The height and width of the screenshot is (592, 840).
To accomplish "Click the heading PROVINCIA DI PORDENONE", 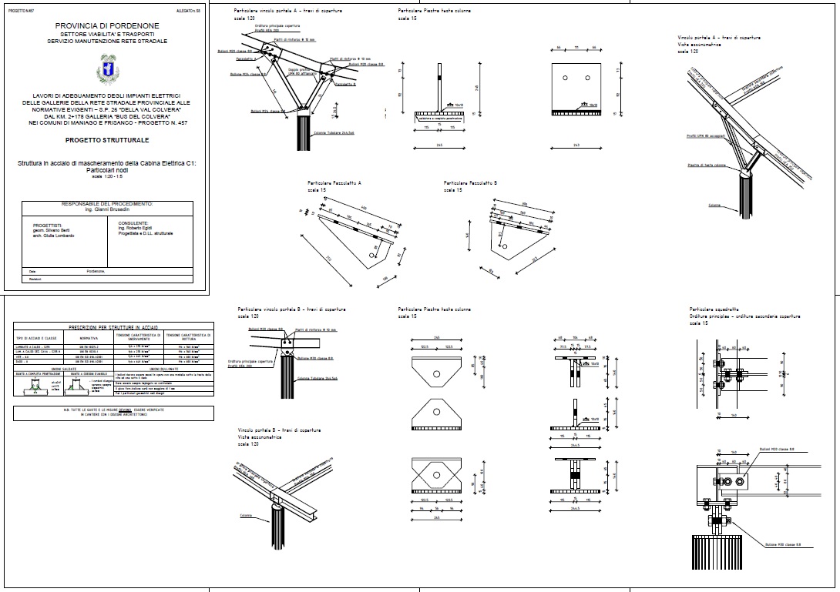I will click(x=106, y=25).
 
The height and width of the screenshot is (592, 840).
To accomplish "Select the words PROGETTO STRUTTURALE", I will click(x=106, y=141).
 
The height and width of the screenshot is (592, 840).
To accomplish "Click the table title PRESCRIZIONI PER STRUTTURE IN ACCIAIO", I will click(x=114, y=328).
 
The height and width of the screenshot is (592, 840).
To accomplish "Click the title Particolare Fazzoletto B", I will click(x=471, y=183).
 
